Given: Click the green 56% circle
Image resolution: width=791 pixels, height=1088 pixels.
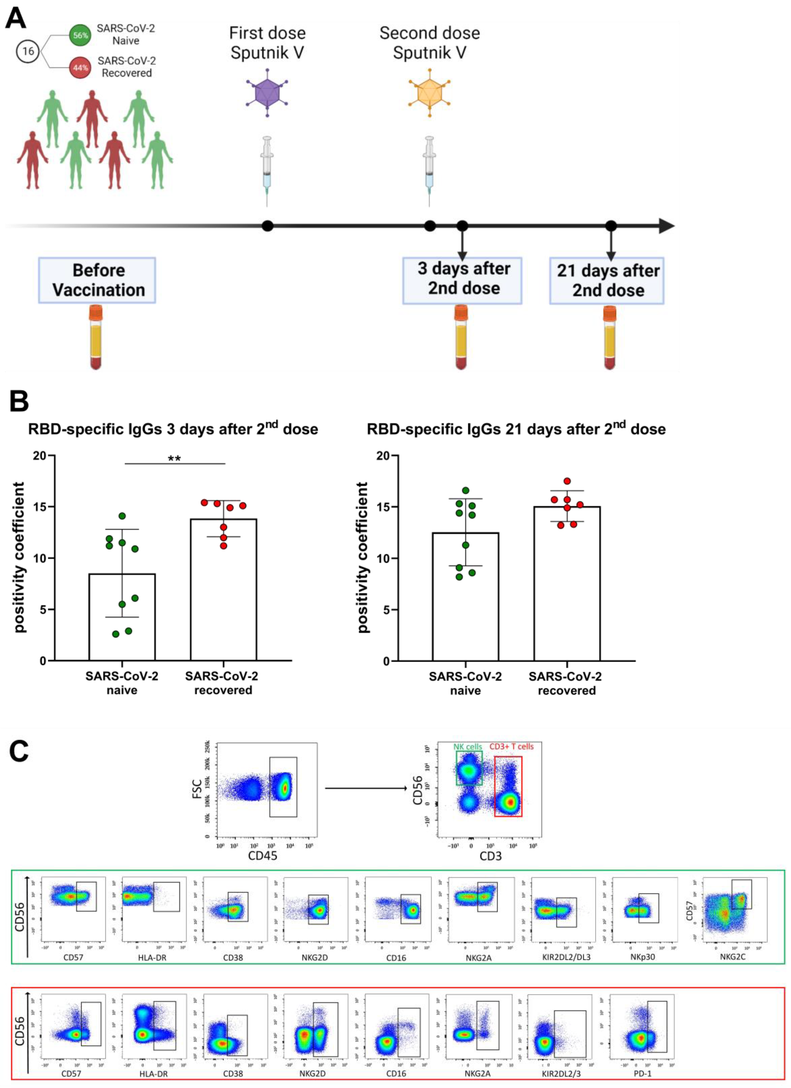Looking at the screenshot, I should pyautogui.click(x=80, y=35).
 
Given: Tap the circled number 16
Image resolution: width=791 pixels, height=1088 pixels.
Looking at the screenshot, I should pyautogui.click(x=28, y=51).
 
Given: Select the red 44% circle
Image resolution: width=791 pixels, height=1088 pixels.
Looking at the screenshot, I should pyautogui.click(x=80, y=68).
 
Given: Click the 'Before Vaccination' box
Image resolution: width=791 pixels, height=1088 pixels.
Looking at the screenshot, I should pyautogui.click(x=97, y=280).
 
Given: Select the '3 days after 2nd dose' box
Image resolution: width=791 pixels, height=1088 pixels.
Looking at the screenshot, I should pyautogui.click(x=462, y=280).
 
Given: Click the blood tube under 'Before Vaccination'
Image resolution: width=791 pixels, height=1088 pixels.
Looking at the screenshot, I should pyautogui.click(x=96, y=338).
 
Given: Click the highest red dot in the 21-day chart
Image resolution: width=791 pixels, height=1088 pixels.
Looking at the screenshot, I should pyautogui.click(x=567, y=481).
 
